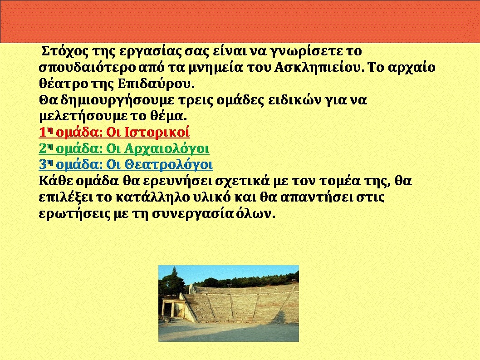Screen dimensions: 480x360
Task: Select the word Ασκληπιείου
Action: coord(317,67)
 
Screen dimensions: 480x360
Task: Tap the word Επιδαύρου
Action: coord(156,84)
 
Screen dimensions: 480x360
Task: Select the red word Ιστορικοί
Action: coord(157,133)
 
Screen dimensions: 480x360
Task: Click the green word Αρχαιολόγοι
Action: coord(167,149)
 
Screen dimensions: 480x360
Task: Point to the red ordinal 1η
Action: coord(46,133)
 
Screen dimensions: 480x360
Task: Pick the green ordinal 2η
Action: coord(46,148)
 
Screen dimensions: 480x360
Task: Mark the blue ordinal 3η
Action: coord(46,165)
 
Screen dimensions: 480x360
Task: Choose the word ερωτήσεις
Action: coord(75,214)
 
